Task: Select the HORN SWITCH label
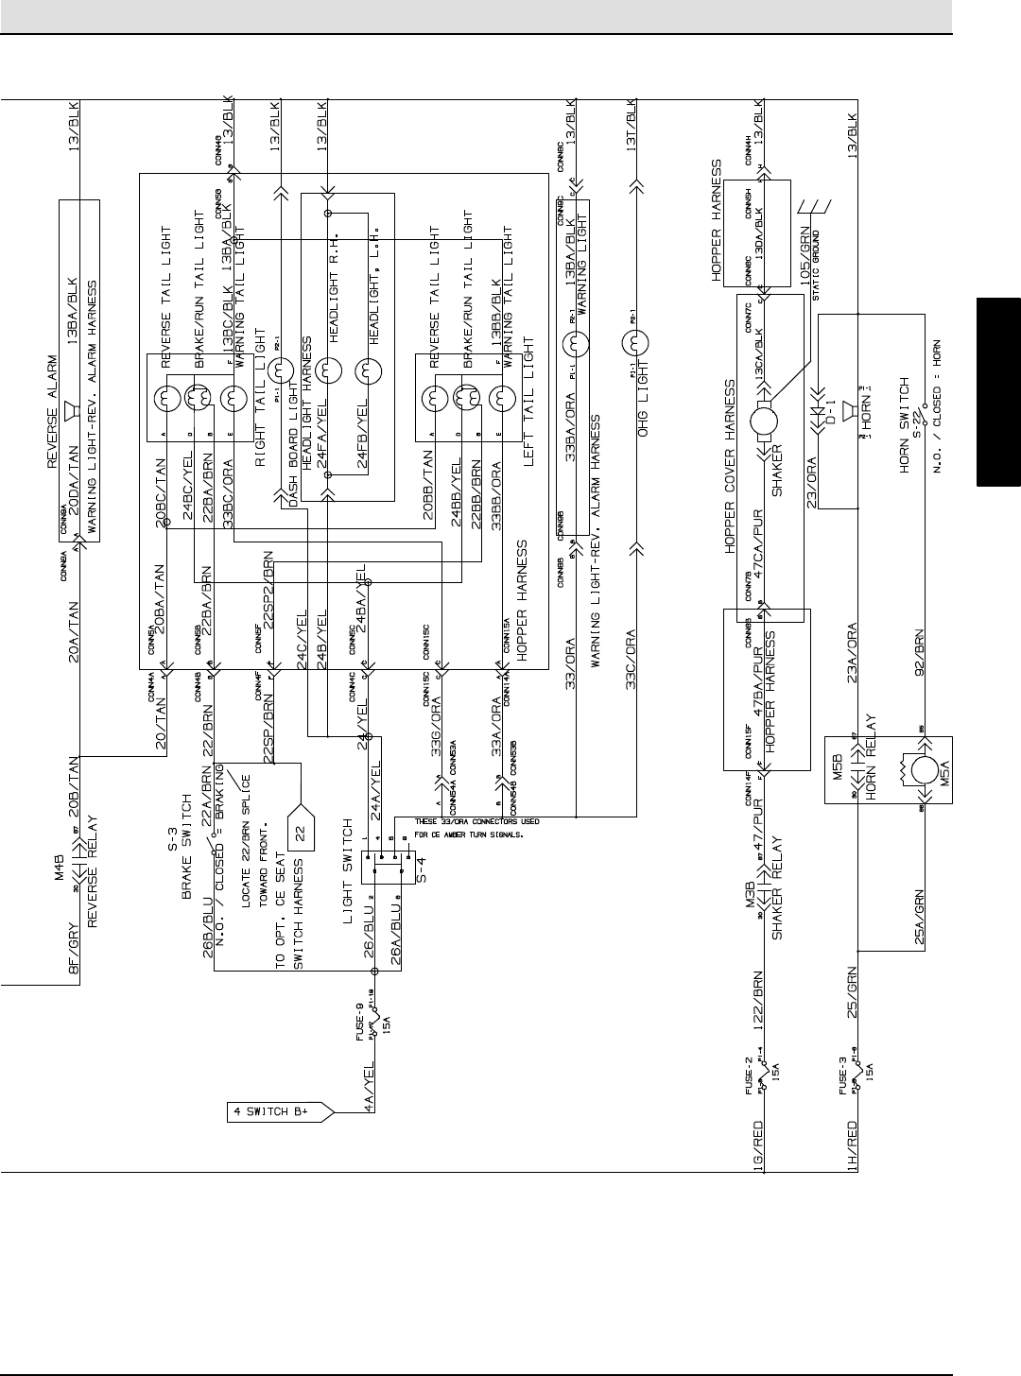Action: click(x=904, y=428)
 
